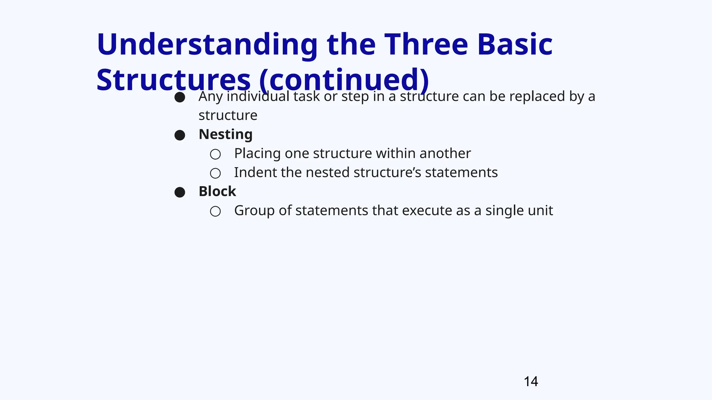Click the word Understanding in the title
click(x=207, y=44)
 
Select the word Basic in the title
click(x=515, y=44)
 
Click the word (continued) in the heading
click(x=344, y=80)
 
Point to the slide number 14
click(x=531, y=382)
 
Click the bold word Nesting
click(x=225, y=134)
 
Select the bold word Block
click(x=217, y=191)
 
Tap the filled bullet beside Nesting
click(x=180, y=135)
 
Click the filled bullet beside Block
click(x=180, y=192)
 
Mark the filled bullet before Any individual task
click(x=180, y=97)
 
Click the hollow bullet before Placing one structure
click(x=215, y=154)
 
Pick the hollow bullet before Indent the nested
click(x=215, y=173)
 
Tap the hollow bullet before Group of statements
click(x=215, y=211)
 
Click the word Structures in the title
click(x=173, y=80)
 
